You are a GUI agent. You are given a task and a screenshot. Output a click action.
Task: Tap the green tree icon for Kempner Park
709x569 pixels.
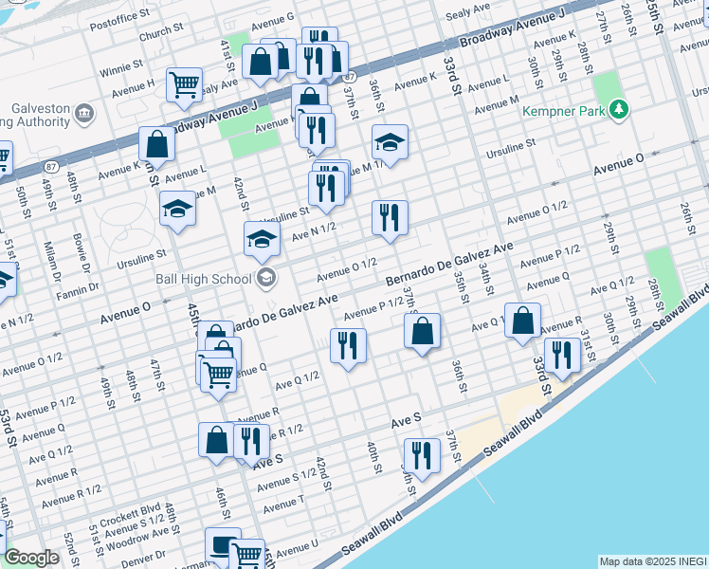620,110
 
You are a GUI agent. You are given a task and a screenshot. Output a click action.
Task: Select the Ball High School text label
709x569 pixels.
202,278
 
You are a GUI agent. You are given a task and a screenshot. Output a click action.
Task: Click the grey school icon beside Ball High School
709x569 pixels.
266,278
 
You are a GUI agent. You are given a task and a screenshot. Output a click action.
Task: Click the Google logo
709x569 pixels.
31,558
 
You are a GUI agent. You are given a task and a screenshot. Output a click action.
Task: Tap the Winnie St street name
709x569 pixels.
120,68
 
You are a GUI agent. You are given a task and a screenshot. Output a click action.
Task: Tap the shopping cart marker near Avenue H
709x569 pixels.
184,83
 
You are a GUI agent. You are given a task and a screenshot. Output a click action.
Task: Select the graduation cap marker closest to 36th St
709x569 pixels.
390,141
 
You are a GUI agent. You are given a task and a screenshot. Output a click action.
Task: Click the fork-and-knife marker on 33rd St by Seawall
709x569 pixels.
562,356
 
